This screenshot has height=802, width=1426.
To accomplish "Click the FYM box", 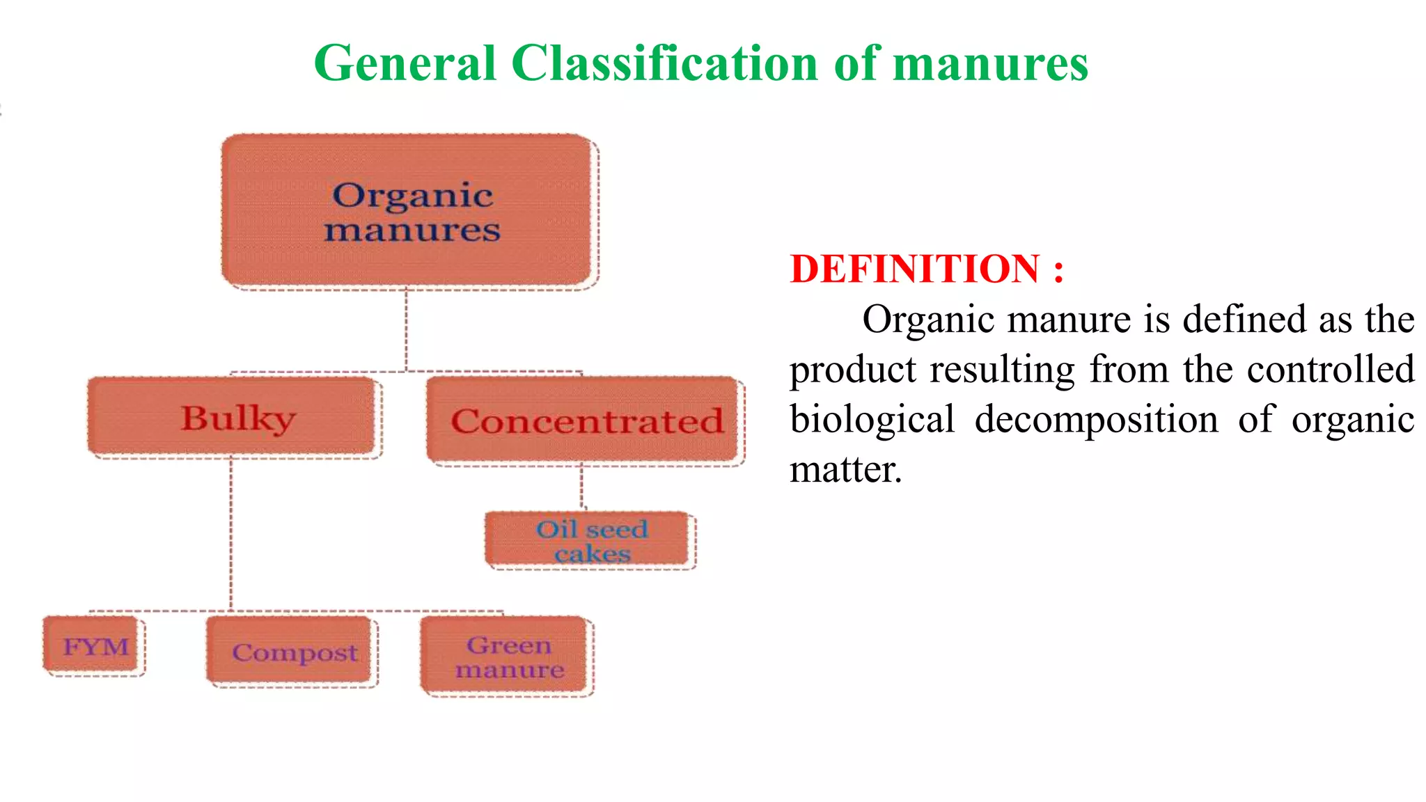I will pyautogui.click(x=95, y=646).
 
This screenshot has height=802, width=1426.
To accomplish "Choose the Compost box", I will pyautogui.click(x=292, y=652).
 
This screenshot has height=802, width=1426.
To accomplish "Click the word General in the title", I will pyautogui.click(x=405, y=64).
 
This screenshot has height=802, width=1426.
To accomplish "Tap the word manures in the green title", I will pyautogui.click(x=989, y=64).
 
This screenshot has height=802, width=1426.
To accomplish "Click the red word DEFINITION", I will pyautogui.click(x=914, y=269).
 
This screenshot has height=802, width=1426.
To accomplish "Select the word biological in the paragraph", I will pyautogui.click(x=872, y=420).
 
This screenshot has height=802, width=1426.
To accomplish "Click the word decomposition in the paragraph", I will pyautogui.click(x=1096, y=420).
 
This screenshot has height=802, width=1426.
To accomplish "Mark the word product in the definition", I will pyautogui.click(x=853, y=370).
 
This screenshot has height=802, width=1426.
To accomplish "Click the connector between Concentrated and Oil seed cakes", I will pyautogui.click(x=581, y=487).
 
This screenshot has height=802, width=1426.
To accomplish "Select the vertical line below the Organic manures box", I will pyautogui.click(x=406, y=329).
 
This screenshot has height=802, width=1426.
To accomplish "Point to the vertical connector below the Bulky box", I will pyautogui.click(x=230, y=533).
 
